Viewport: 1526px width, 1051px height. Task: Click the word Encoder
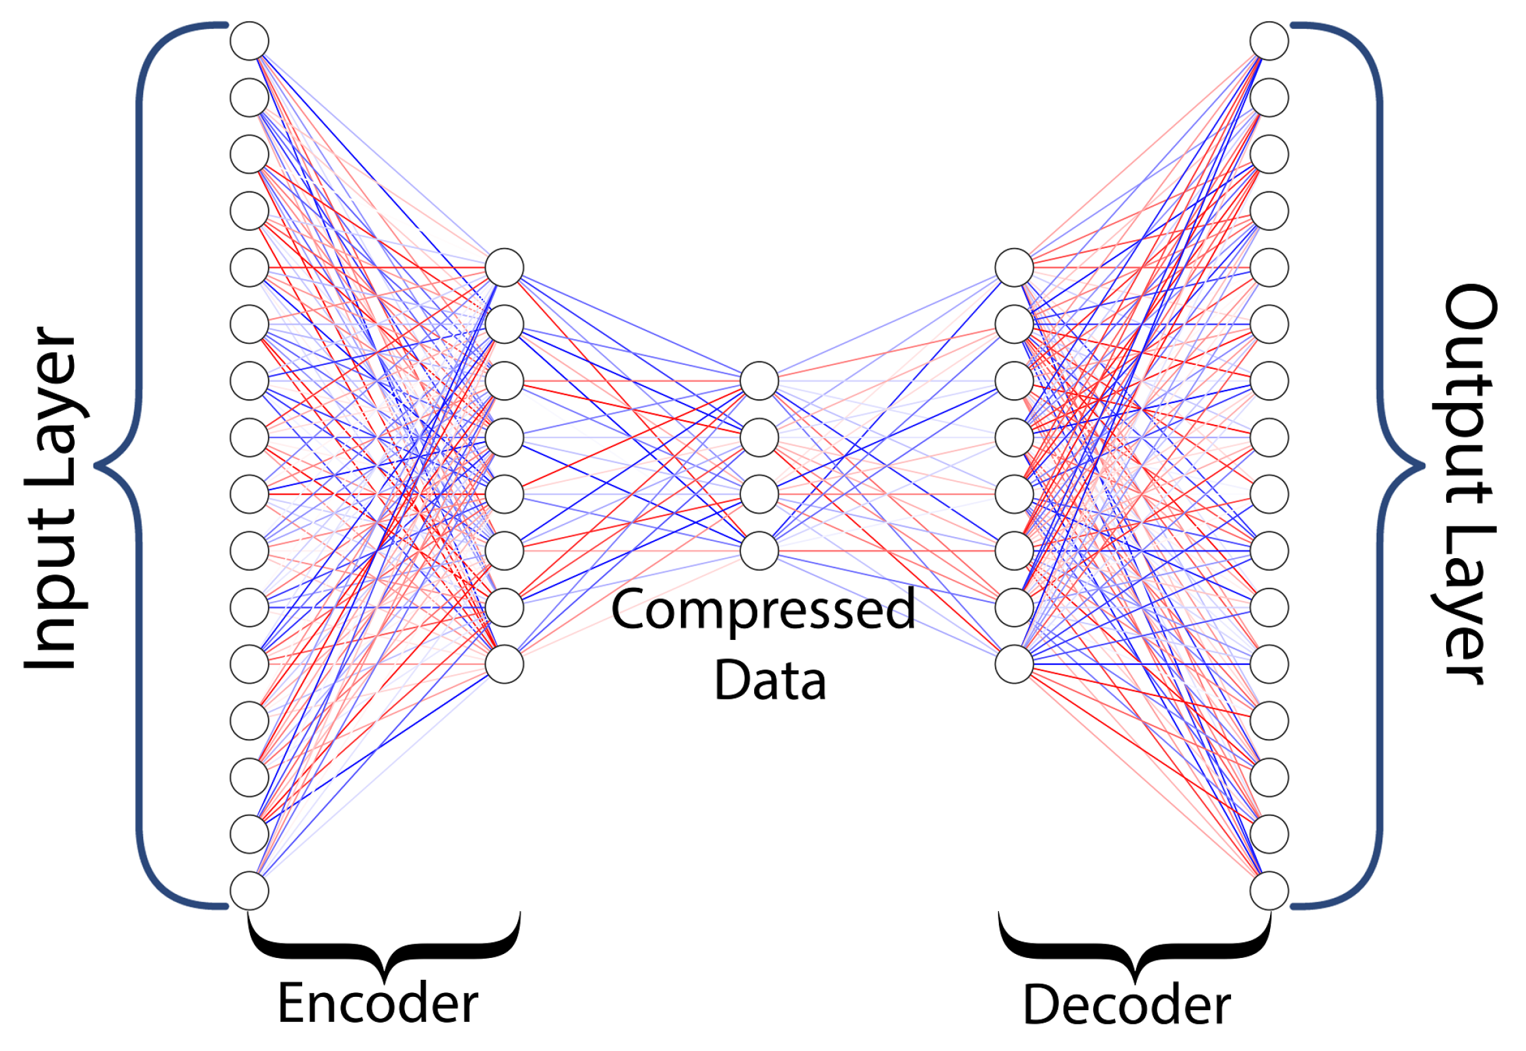tap(377, 1003)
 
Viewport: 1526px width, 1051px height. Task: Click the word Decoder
tap(1126, 1005)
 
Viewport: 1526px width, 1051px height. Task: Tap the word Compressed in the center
tap(763, 610)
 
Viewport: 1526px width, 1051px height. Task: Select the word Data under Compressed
tap(770, 681)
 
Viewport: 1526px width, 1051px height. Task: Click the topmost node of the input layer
tap(249, 41)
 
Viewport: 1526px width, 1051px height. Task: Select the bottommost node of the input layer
tap(249, 891)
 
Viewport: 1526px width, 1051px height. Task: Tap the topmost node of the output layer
tap(1269, 41)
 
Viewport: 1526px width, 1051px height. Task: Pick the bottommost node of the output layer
tap(1269, 891)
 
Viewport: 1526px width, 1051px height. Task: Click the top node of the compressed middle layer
tap(759, 381)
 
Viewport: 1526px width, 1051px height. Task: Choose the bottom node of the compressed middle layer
tap(759, 551)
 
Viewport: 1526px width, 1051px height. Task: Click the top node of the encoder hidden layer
tap(504, 268)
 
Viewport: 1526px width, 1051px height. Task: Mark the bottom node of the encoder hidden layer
tap(504, 664)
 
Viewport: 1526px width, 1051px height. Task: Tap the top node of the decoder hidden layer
tap(1014, 268)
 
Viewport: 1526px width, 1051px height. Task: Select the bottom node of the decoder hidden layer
tap(1014, 664)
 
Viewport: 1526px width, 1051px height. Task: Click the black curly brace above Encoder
tap(385, 953)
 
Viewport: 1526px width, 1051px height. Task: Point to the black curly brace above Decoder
tap(1134, 953)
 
